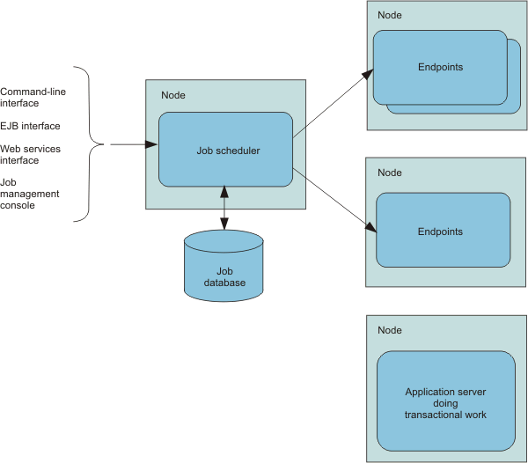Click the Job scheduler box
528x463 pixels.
tap(225, 150)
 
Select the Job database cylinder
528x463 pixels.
tap(224, 266)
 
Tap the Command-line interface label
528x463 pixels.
tap(33, 98)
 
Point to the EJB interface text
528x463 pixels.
tap(30, 126)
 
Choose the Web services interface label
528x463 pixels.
tap(30, 155)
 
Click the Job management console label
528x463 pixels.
tap(30, 194)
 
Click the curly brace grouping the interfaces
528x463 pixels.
tap(89, 144)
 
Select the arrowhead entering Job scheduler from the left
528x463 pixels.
tap(151, 144)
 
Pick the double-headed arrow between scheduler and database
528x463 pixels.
tap(224, 208)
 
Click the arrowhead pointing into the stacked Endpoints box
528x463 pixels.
tap(368, 74)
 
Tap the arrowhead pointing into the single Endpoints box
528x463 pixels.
tap(371, 227)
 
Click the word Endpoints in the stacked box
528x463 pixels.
tap(441, 67)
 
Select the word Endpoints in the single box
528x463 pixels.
tap(440, 231)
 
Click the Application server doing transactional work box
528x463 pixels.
tap(446, 401)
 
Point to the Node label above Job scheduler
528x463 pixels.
tap(173, 95)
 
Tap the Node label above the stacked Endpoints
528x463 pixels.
tap(390, 15)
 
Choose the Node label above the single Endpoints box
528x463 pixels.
tap(390, 173)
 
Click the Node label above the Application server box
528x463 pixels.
tap(390, 330)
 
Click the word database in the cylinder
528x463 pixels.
tap(224, 283)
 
